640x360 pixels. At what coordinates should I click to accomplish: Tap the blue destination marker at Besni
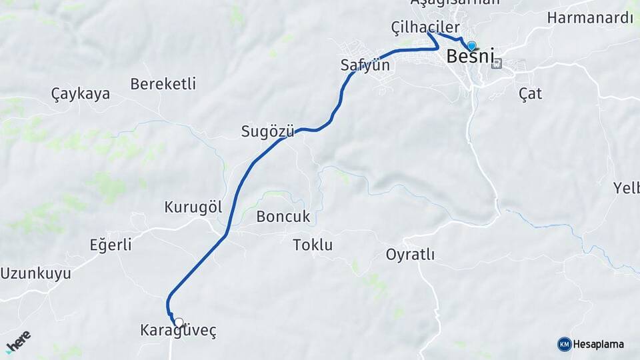tap(472, 46)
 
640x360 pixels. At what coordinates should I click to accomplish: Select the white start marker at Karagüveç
tap(178, 322)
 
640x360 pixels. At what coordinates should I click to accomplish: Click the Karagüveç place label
tap(178, 331)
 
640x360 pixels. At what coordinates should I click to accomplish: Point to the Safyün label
tap(365, 66)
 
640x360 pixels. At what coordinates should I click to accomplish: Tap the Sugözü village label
tap(267, 132)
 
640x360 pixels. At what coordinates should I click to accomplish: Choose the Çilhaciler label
tap(425, 27)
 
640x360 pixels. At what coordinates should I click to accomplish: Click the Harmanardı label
tap(590, 18)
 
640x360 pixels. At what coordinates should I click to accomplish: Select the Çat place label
tap(530, 94)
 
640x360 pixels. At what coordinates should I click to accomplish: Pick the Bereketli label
tap(163, 84)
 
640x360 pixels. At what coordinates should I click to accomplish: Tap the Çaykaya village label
tap(81, 94)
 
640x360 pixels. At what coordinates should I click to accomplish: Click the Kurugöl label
tap(193, 207)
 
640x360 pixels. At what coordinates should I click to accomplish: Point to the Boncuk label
tap(283, 217)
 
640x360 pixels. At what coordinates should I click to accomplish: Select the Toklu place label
tap(313, 245)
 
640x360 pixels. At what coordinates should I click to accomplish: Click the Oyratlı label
tap(410, 254)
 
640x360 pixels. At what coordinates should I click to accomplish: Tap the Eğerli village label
tap(111, 245)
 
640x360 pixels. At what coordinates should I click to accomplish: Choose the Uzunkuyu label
tap(35, 273)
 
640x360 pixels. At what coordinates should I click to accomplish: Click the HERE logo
tap(18, 341)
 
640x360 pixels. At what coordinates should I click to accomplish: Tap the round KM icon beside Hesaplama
tap(564, 344)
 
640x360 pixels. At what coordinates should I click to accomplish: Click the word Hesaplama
tap(599, 345)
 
